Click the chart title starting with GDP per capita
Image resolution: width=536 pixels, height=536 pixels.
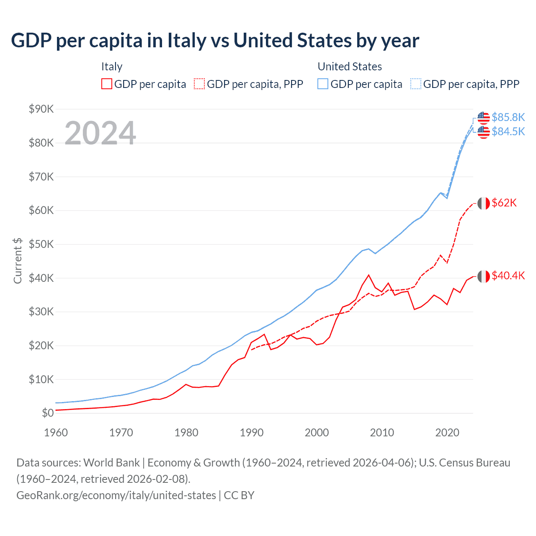215,41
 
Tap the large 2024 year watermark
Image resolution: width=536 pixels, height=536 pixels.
100,133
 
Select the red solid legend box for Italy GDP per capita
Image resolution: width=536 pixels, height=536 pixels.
107,84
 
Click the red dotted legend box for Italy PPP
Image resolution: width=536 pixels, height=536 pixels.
199,84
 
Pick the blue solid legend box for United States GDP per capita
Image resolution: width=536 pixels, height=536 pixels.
323,84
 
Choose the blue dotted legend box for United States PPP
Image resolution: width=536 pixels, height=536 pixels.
416,84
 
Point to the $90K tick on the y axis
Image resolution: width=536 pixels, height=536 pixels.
41,109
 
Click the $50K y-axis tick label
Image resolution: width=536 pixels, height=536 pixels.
41,244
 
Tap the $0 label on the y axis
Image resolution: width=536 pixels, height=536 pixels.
48,413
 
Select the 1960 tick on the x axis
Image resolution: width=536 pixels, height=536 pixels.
56,433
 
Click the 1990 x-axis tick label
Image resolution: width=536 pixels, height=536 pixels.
251,433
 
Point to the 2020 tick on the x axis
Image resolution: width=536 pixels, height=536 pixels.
447,433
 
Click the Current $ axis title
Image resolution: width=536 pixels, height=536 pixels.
18,260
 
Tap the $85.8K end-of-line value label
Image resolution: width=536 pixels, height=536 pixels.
508,117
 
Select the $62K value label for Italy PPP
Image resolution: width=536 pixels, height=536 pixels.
504,203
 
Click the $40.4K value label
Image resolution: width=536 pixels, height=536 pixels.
508,276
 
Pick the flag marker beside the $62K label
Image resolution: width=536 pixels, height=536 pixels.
484,204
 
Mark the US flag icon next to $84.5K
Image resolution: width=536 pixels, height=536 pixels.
484,132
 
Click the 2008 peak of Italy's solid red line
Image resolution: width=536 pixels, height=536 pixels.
368,275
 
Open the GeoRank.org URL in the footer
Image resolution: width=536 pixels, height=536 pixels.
116,495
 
